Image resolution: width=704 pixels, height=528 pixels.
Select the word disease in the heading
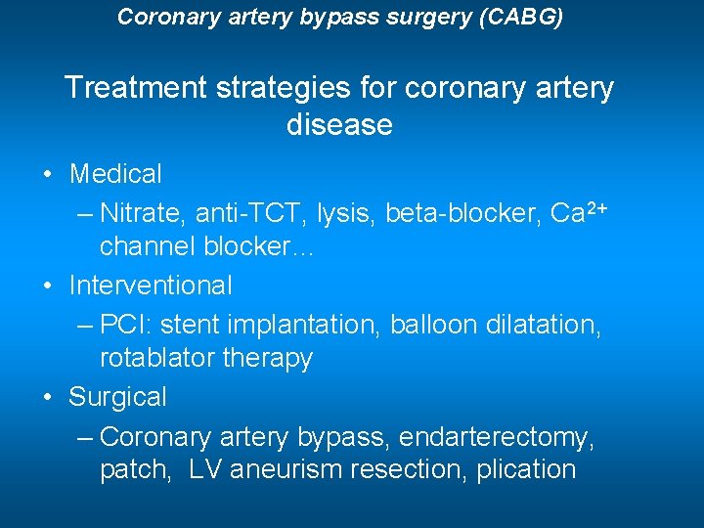coord(339,125)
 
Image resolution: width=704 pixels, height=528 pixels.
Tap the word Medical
coord(115,175)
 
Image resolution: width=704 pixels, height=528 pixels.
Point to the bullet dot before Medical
coord(48,176)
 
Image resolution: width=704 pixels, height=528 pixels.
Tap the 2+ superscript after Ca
coord(596,205)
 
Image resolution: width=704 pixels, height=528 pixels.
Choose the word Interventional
coord(151,286)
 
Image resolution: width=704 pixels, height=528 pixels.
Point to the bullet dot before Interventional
coord(48,287)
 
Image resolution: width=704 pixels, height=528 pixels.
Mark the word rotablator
coord(157,359)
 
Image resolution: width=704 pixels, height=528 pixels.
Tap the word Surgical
coord(117,397)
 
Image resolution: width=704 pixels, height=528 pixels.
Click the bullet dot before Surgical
coord(48,398)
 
